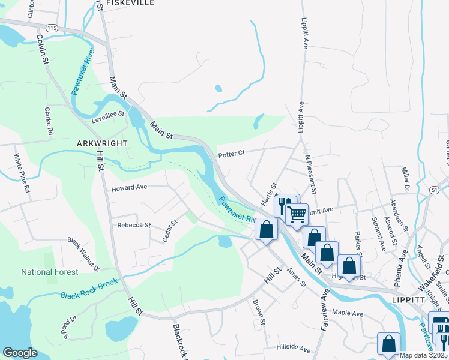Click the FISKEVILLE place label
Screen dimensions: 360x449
pos(130,3)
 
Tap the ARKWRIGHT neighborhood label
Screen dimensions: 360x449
pos(102,143)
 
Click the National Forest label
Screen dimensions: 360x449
pos(50,272)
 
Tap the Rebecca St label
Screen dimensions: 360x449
pos(134,225)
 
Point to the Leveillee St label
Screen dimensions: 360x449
pos(107,113)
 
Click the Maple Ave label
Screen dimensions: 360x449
pos(348,313)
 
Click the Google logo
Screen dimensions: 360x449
pos(20,353)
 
